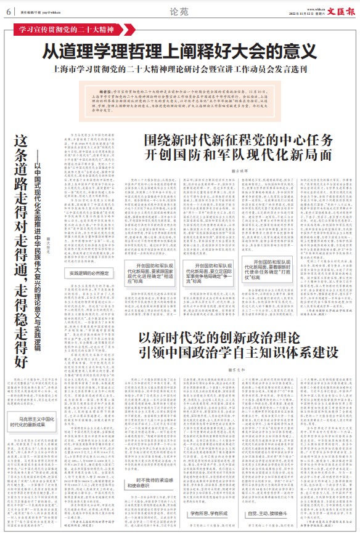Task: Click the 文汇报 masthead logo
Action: tap(342, 9)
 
